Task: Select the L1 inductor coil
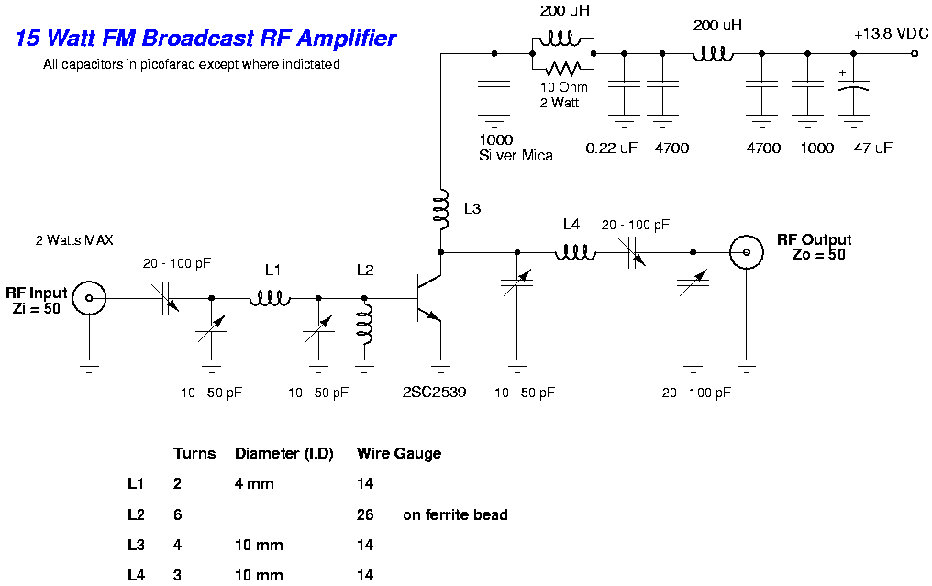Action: coord(271,297)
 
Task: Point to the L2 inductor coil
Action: coord(364,326)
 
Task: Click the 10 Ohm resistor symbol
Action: coord(562,68)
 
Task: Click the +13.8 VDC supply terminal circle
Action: coord(915,54)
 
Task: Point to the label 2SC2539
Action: coord(434,392)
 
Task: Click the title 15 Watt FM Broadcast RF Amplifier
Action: coord(206,39)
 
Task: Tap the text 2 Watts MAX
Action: coord(74,240)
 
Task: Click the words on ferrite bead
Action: coord(455,514)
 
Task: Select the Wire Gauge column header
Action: coord(399,453)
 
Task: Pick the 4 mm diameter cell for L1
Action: coord(254,483)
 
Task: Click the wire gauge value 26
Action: coord(365,514)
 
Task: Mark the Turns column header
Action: coord(194,453)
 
